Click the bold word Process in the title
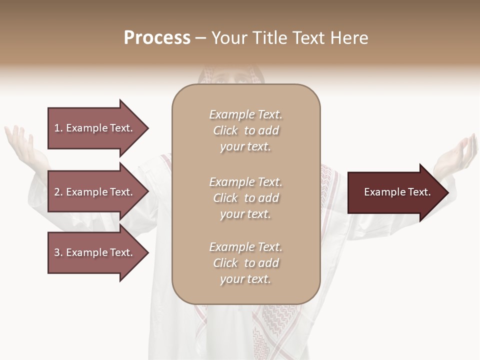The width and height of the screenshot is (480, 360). point(157,38)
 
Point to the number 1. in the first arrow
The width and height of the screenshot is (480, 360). point(58,128)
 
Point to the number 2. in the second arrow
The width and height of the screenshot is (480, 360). point(58,192)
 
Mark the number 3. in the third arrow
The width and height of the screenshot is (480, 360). point(58,252)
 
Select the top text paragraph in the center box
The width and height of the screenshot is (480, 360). point(245,130)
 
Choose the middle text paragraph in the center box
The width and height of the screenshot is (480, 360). point(245,198)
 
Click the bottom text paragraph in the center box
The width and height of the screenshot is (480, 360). point(245,263)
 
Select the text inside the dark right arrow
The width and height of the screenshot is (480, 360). point(397,192)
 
